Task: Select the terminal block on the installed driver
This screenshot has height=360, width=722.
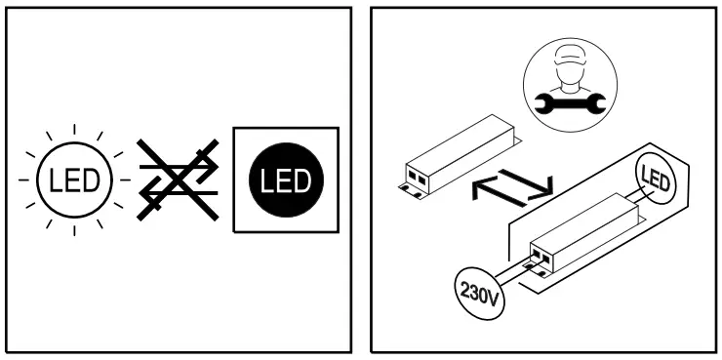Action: coord(539,257)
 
